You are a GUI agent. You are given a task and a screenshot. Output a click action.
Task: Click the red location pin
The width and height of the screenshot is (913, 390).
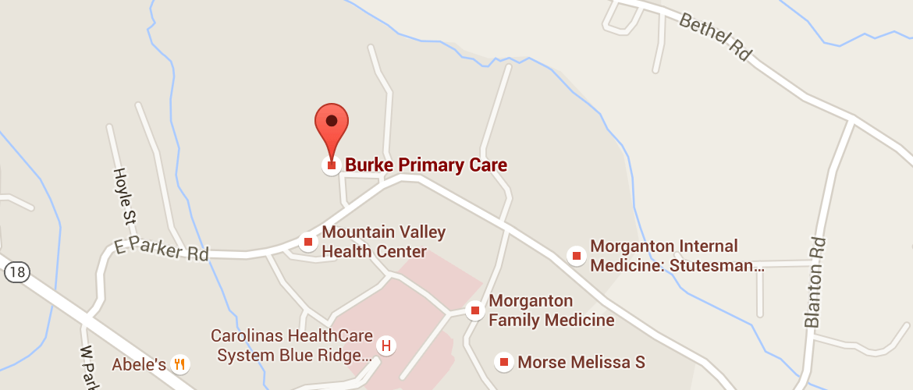pos(332,125)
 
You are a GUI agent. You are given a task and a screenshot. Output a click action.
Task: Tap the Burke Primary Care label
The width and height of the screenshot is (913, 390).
pos(426,165)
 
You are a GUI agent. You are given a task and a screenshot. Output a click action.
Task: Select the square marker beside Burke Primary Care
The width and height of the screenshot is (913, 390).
pos(332,165)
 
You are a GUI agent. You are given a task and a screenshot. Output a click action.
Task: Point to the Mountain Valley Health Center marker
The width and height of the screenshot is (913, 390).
pos(308,242)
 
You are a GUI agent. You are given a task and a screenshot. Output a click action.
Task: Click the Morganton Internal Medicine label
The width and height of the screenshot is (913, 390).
pos(676,256)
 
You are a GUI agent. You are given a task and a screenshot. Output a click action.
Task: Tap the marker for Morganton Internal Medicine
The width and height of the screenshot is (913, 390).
pos(577,255)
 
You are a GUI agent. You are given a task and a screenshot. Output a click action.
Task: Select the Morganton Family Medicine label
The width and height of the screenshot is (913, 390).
pos(551,310)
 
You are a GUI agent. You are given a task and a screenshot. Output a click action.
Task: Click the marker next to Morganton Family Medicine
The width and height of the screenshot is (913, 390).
pos(474,310)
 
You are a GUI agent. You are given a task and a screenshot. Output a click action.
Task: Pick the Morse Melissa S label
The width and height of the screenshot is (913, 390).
pos(581,362)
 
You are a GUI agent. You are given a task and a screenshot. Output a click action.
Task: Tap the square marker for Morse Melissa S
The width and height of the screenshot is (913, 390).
pos(504,361)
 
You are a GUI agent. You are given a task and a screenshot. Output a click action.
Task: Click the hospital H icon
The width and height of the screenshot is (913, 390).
pos(385,345)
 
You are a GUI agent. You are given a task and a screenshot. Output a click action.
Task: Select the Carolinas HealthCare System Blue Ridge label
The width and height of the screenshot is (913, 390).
pos(292,346)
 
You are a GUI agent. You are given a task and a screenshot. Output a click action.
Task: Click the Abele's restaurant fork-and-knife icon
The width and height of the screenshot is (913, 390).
pos(180,363)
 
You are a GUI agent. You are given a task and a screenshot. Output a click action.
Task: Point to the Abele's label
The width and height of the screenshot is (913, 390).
pos(139,364)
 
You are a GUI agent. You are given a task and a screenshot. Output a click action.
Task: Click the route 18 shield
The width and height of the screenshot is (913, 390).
pos(16,271)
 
